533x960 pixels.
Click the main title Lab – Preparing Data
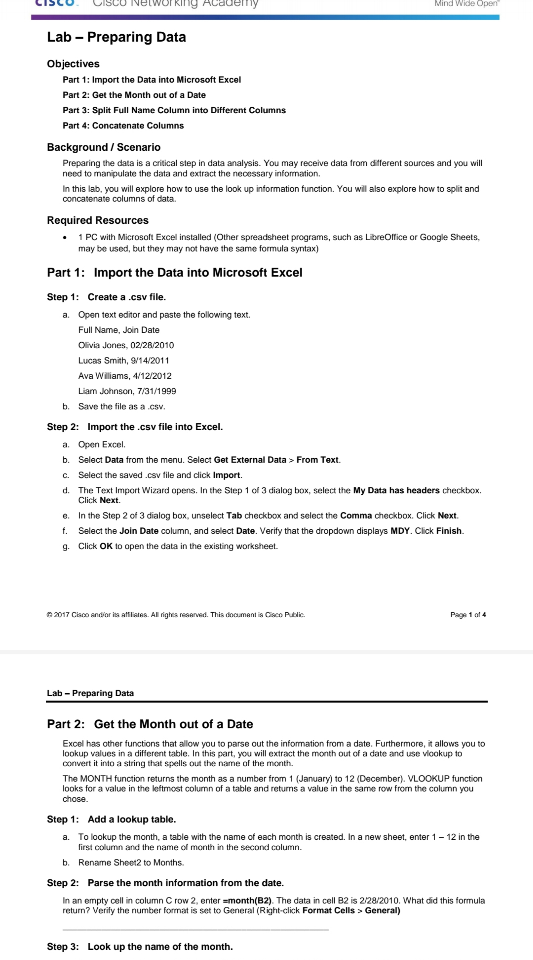(116, 37)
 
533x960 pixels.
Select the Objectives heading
(73, 64)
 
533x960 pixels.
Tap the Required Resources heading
(98, 220)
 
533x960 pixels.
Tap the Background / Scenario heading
(104, 147)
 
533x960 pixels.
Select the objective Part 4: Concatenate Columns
(123, 126)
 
